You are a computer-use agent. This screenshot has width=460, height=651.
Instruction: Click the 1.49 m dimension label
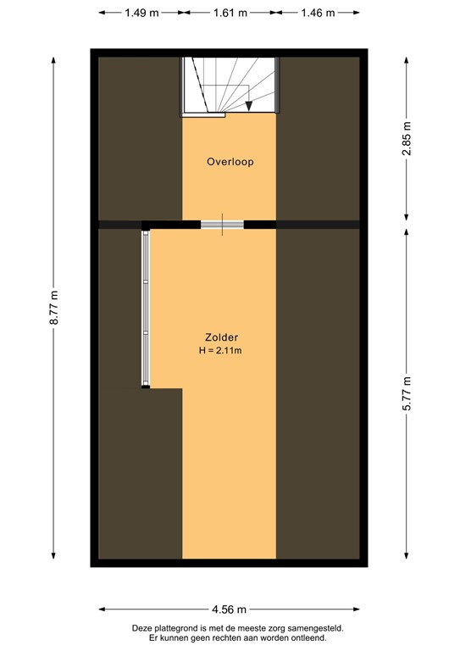tap(141, 13)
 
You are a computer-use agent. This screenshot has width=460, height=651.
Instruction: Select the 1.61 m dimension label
tap(230, 13)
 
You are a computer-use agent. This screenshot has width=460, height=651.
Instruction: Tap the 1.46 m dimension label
tap(319, 13)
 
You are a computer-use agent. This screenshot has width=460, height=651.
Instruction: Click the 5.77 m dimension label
tap(407, 393)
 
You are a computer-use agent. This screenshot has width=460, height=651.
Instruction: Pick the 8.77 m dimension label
tap(54, 309)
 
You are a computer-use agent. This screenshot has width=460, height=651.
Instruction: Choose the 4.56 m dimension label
tap(230, 609)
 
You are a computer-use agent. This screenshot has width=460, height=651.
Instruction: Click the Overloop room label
tap(230, 161)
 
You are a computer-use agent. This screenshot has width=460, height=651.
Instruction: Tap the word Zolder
tap(221, 336)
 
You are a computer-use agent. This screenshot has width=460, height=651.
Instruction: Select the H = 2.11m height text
tap(221, 350)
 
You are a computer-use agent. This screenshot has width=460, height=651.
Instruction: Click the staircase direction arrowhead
tap(249, 106)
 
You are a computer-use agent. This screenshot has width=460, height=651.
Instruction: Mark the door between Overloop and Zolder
tap(222, 225)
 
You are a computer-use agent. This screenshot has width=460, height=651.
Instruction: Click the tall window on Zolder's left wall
tap(146, 309)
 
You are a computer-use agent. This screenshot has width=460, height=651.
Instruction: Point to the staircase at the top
tap(230, 84)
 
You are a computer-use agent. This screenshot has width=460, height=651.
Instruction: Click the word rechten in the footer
tap(221, 637)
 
